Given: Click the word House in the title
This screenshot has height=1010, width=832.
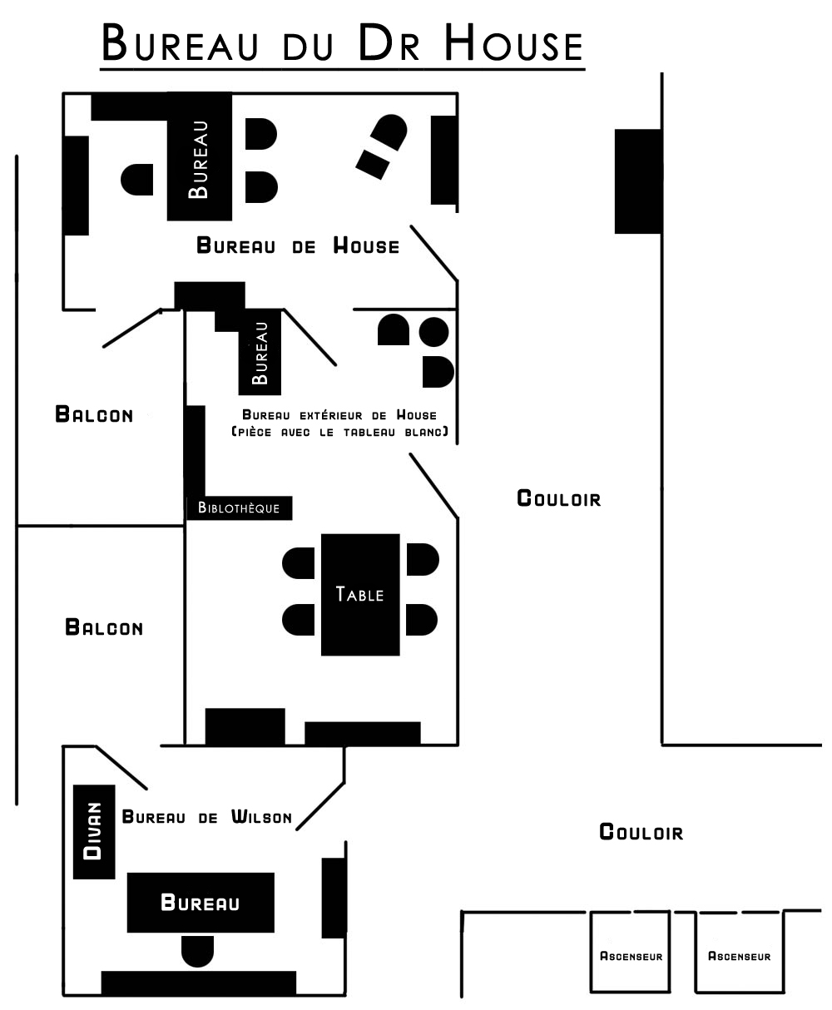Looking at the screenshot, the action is pos(513,43).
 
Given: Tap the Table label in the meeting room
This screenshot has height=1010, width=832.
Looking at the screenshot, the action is pos(359,594).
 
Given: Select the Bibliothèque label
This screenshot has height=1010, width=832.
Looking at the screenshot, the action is pos(239,507).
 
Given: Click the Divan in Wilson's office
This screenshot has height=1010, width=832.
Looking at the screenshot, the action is pos(94,831).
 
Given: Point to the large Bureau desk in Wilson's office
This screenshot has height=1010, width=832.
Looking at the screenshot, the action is pos(201,902).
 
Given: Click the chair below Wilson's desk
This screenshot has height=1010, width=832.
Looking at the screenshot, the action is pos(197,951).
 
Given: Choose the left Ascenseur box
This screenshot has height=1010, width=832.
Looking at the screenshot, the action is pos(630,952).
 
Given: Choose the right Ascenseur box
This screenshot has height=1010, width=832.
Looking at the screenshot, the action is pos(740,952).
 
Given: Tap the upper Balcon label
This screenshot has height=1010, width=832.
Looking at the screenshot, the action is pos(94,414).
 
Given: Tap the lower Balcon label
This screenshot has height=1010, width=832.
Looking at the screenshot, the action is pos(104,627).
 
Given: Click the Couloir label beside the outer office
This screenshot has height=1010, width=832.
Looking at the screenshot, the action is pos(559,498).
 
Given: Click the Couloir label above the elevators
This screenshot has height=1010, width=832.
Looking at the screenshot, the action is pos(641,832).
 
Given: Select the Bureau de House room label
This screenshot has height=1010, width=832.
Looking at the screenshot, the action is pos(298,245).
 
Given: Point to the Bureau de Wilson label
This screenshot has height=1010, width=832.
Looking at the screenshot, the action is pos(207,817).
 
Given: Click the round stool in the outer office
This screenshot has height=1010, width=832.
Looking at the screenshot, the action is pos(433,332).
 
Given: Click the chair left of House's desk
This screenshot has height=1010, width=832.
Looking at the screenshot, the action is pos(137,180).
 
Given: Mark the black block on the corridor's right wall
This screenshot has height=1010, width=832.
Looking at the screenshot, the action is pos(638,181).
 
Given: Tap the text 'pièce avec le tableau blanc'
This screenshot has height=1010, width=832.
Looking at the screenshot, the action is pos(340,432).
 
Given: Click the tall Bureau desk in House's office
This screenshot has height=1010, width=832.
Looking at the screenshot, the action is pos(200,156).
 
